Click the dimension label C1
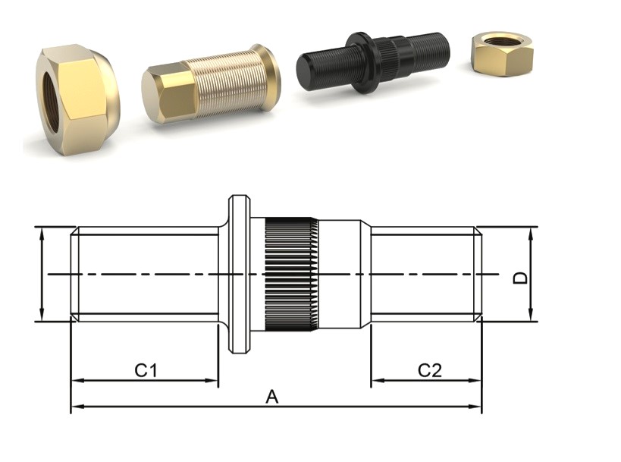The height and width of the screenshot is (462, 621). coord(146,370)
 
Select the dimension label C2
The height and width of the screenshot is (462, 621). coord(429,370)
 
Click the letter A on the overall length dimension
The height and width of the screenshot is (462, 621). coord(271,397)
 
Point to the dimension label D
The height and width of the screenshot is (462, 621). coord(519,278)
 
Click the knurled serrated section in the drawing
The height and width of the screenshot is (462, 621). coord(291,274)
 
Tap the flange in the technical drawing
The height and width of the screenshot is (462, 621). coord(240,274)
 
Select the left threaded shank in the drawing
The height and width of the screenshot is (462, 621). coord(144,274)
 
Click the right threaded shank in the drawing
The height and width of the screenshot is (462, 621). coord(425,274)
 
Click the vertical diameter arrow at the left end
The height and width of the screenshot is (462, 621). coord(43,274)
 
